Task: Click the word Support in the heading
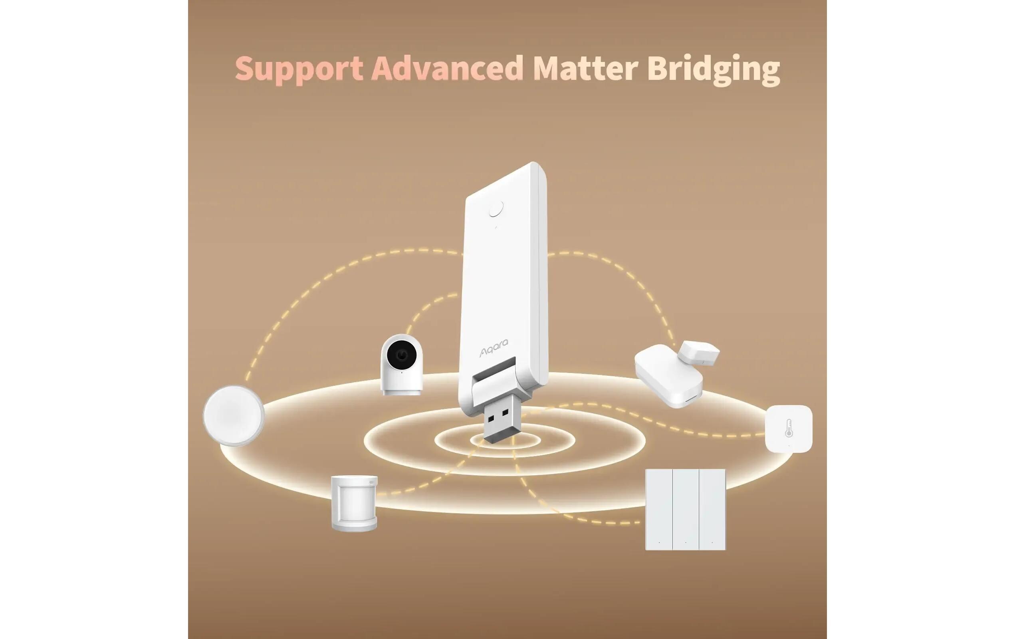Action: pos(299,68)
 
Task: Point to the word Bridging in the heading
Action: pos(713,69)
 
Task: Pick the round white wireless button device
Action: pos(234,415)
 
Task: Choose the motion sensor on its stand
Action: pos(354,502)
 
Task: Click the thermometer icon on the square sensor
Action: pos(789,428)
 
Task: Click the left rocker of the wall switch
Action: pos(659,509)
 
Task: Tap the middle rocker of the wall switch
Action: pos(685,509)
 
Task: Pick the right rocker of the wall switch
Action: pos(712,509)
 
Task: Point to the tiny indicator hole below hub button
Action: pos(496,228)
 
